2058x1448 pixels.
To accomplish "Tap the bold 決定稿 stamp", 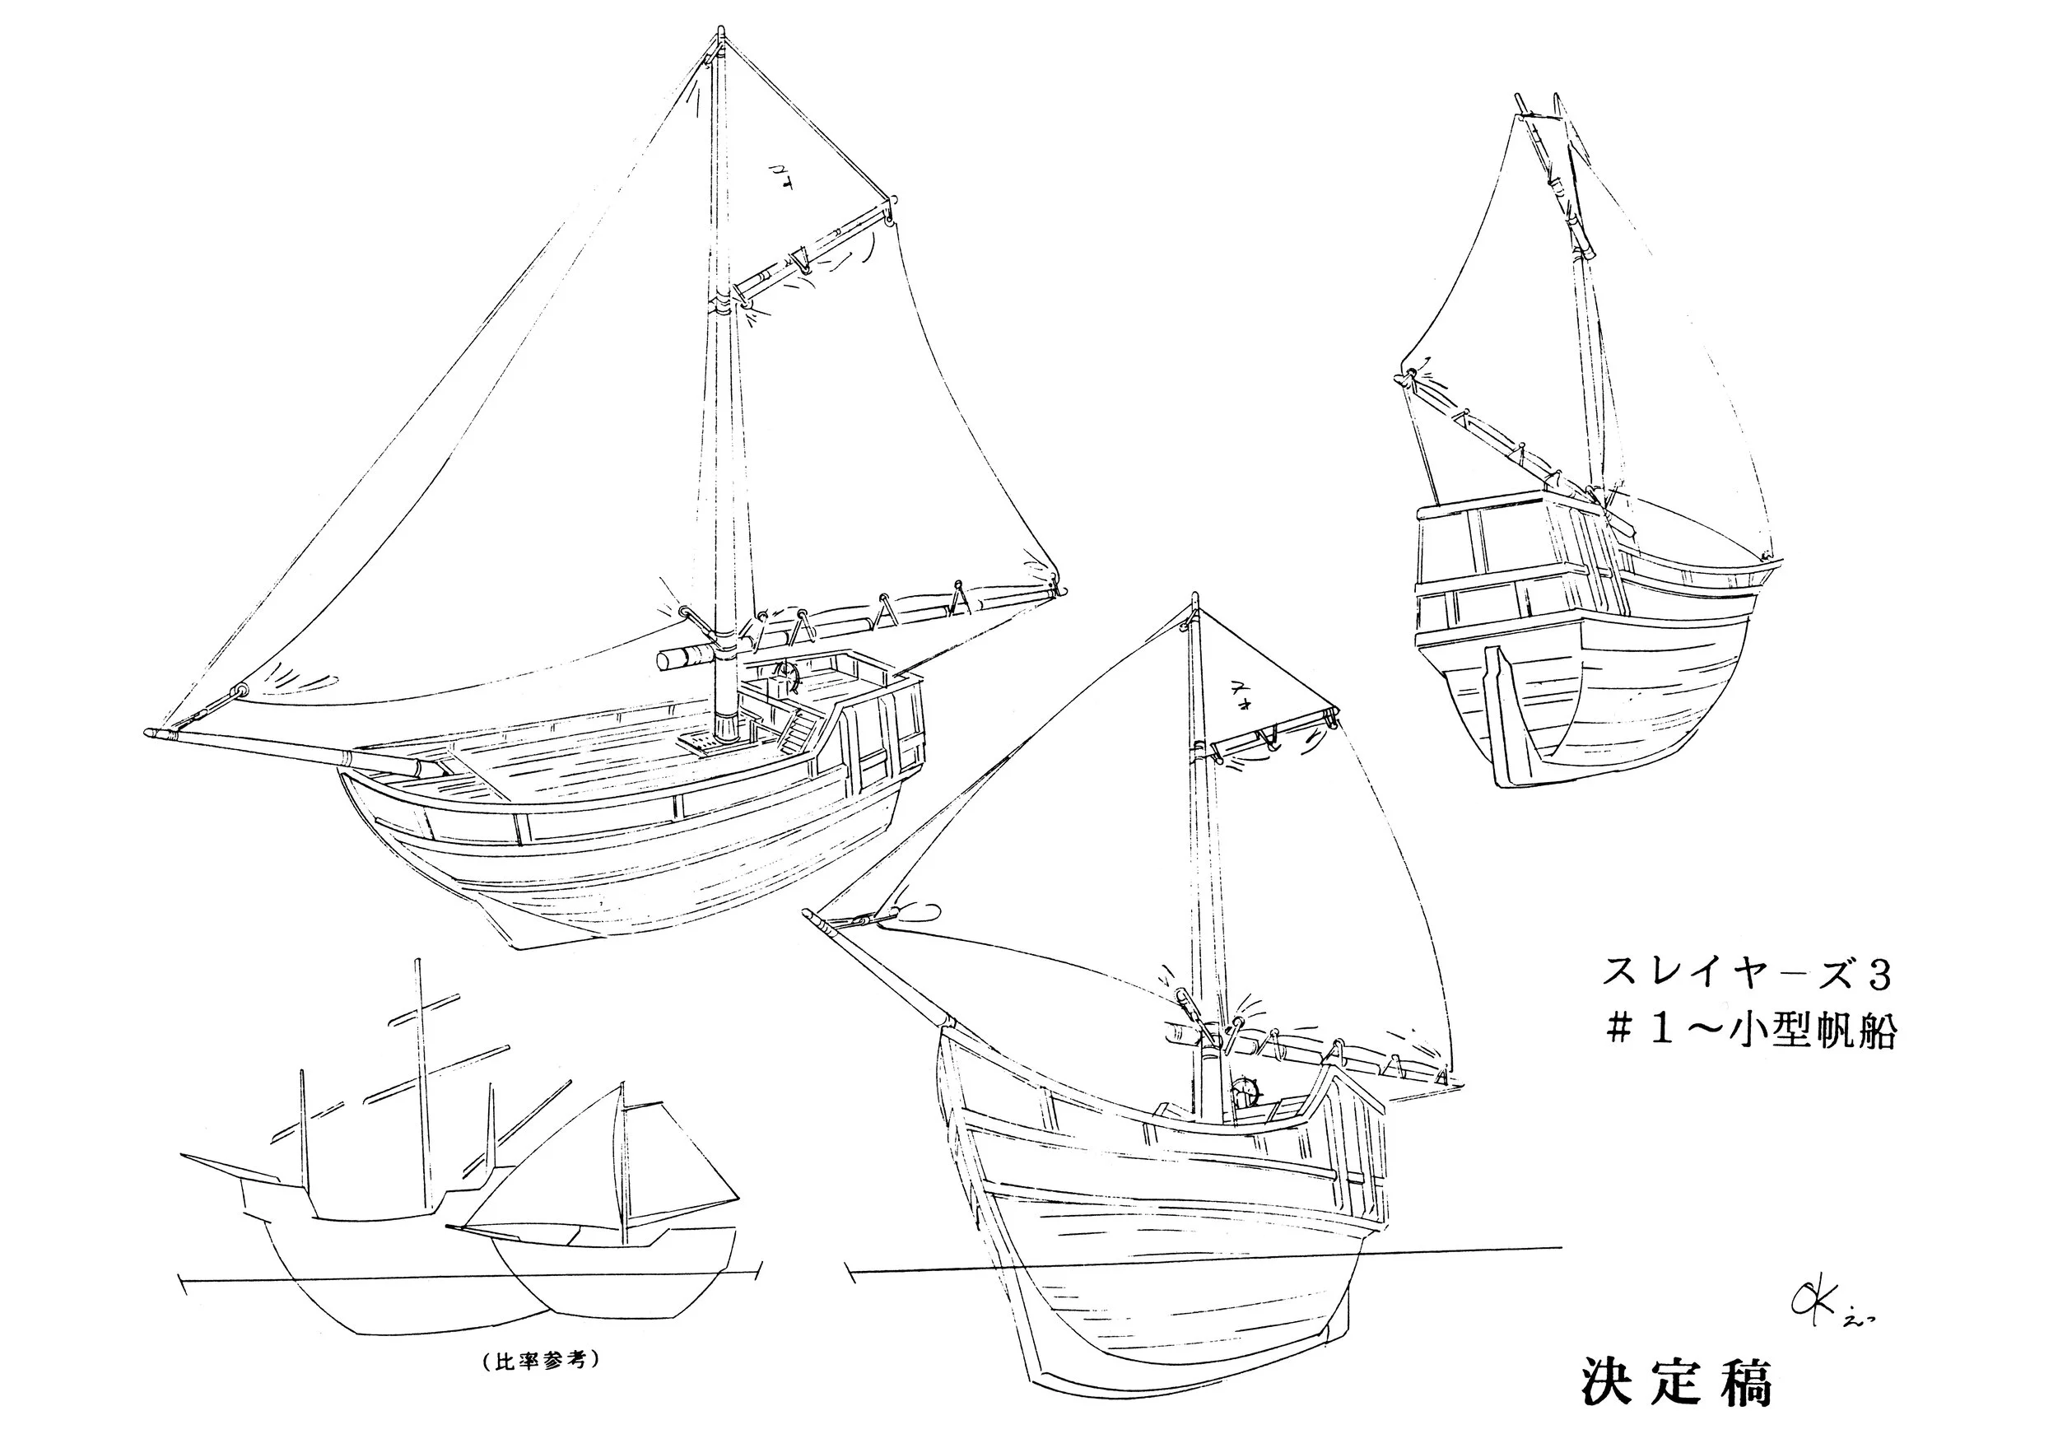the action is point(1676,1384).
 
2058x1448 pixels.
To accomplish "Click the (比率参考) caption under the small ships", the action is point(535,1360).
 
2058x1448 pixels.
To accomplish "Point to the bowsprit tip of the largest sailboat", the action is point(150,733).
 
